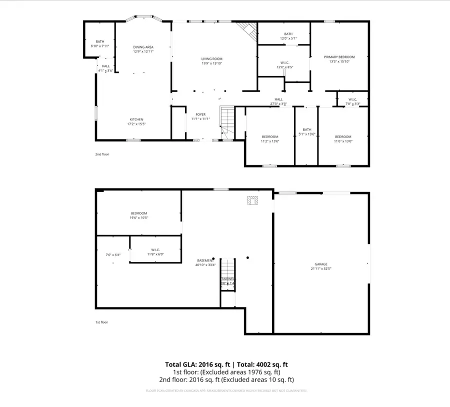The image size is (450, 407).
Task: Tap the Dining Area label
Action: pyautogui.click(x=143, y=46)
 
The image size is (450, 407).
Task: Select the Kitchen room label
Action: pyautogui.click(x=136, y=119)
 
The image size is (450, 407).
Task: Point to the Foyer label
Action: pyautogui.click(x=200, y=114)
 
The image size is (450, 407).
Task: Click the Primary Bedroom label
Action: pyautogui.click(x=338, y=57)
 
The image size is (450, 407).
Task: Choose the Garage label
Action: pyautogui.click(x=321, y=264)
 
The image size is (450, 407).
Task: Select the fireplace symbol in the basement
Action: pyautogui.click(x=252, y=200)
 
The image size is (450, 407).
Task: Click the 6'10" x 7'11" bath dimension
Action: pyautogui.click(x=100, y=46)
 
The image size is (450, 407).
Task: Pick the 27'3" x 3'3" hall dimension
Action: pyautogui.click(x=278, y=104)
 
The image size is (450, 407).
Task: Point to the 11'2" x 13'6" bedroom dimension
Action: pyautogui.click(x=270, y=141)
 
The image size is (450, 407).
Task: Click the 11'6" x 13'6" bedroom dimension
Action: pyautogui.click(x=343, y=141)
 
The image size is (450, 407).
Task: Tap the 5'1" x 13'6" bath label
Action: pyautogui.click(x=306, y=131)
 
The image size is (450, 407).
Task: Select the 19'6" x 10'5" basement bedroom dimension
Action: pyautogui.click(x=139, y=218)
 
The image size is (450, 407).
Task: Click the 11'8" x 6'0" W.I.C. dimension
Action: pyautogui.click(x=155, y=254)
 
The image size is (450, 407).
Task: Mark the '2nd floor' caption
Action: pyautogui.click(x=102, y=154)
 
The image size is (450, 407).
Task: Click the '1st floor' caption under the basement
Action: pyautogui.click(x=101, y=322)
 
